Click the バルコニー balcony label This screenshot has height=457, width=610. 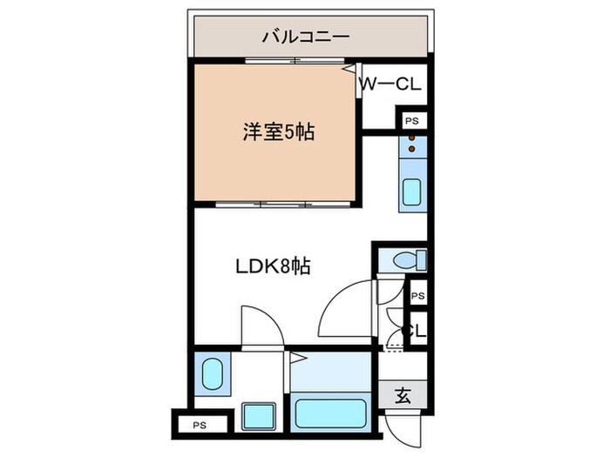(305, 37)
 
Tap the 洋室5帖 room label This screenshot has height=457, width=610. (278, 133)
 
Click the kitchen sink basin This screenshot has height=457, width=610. (411, 192)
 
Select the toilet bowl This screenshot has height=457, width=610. (403, 259)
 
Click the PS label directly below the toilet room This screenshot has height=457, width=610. (417, 296)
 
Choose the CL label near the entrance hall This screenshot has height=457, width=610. (417, 332)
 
